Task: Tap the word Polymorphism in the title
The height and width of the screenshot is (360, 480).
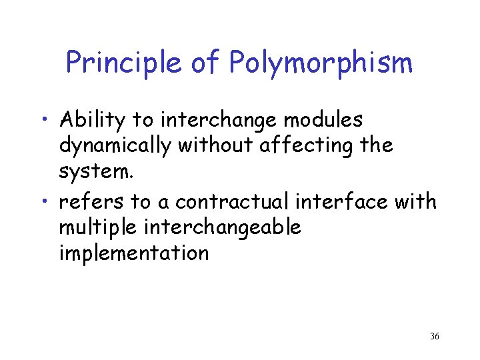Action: (x=321, y=63)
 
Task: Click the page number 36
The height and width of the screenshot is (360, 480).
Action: (x=434, y=336)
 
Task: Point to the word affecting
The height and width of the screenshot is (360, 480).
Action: (x=307, y=146)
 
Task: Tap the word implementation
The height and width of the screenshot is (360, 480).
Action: (x=134, y=253)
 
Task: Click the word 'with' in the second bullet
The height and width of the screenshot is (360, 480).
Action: (x=419, y=201)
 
